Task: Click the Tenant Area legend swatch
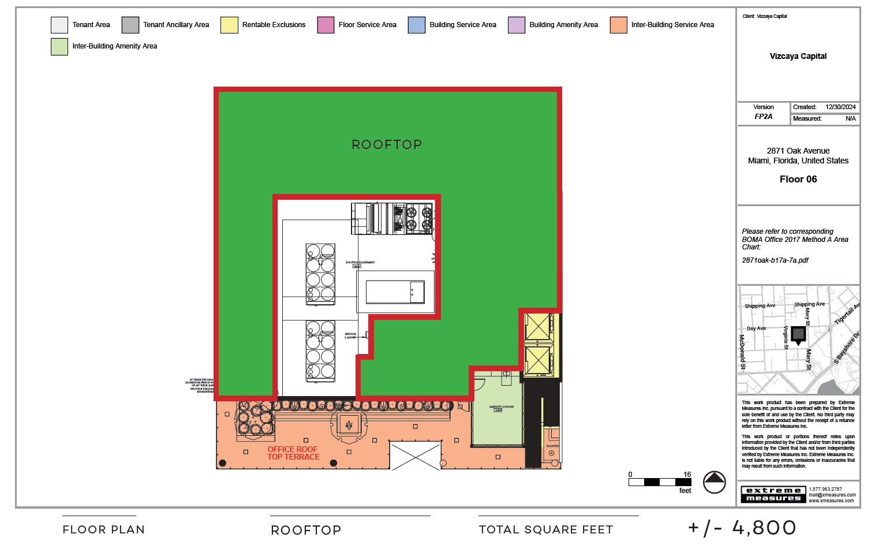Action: coord(59,25)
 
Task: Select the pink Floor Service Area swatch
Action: coord(326,25)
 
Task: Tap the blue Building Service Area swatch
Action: coord(416,25)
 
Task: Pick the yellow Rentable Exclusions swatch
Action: coord(229,25)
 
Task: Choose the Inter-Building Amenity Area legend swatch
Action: coord(59,46)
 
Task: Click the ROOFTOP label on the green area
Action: coord(387,144)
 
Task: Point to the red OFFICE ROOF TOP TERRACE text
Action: coord(293,453)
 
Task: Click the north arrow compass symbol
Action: coord(714,482)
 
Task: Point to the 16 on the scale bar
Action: coord(687,475)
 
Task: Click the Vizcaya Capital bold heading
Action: coord(798,56)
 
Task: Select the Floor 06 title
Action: coord(798,179)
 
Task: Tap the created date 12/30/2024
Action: coord(840,107)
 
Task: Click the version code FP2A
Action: coord(763,117)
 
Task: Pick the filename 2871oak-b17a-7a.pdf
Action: coord(775,260)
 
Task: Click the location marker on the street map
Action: coord(798,335)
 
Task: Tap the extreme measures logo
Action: coord(773,494)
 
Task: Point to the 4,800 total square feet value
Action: coord(764,528)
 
